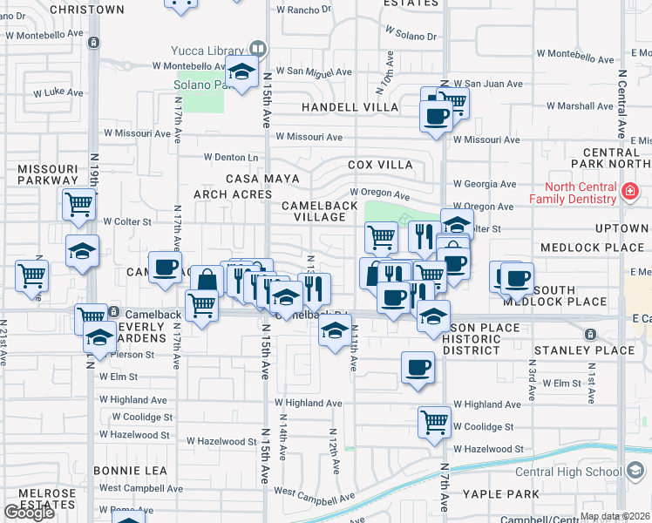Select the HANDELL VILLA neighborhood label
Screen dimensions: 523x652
[x=350, y=107]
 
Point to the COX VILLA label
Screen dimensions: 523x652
[x=380, y=164]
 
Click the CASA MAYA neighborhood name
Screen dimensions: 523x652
[x=262, y=178]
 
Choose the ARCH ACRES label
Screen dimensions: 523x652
[x=233, y=194]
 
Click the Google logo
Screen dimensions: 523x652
[x=30, y=512]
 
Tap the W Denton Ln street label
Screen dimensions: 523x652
[x=232, y=157]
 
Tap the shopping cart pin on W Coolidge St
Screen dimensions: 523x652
[x=434, y=421]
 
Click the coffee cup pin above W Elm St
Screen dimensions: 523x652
[x=418, y=366]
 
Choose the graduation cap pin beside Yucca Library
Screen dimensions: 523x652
[x=241, y=71]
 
